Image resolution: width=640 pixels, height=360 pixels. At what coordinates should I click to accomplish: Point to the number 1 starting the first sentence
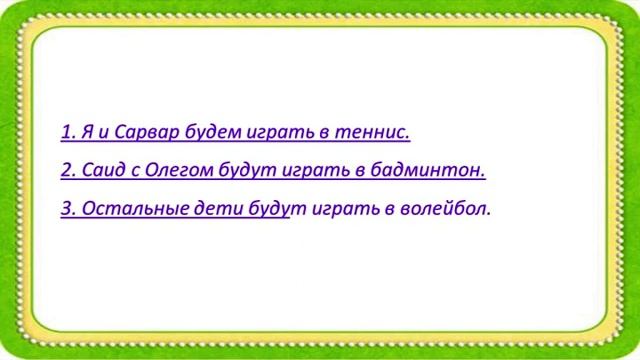click(x=66, y=132)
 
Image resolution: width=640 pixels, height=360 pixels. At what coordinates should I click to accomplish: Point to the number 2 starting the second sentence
click(x=66, y=171)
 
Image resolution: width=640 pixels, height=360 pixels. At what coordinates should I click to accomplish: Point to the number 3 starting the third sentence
click(x=66, y=211)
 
